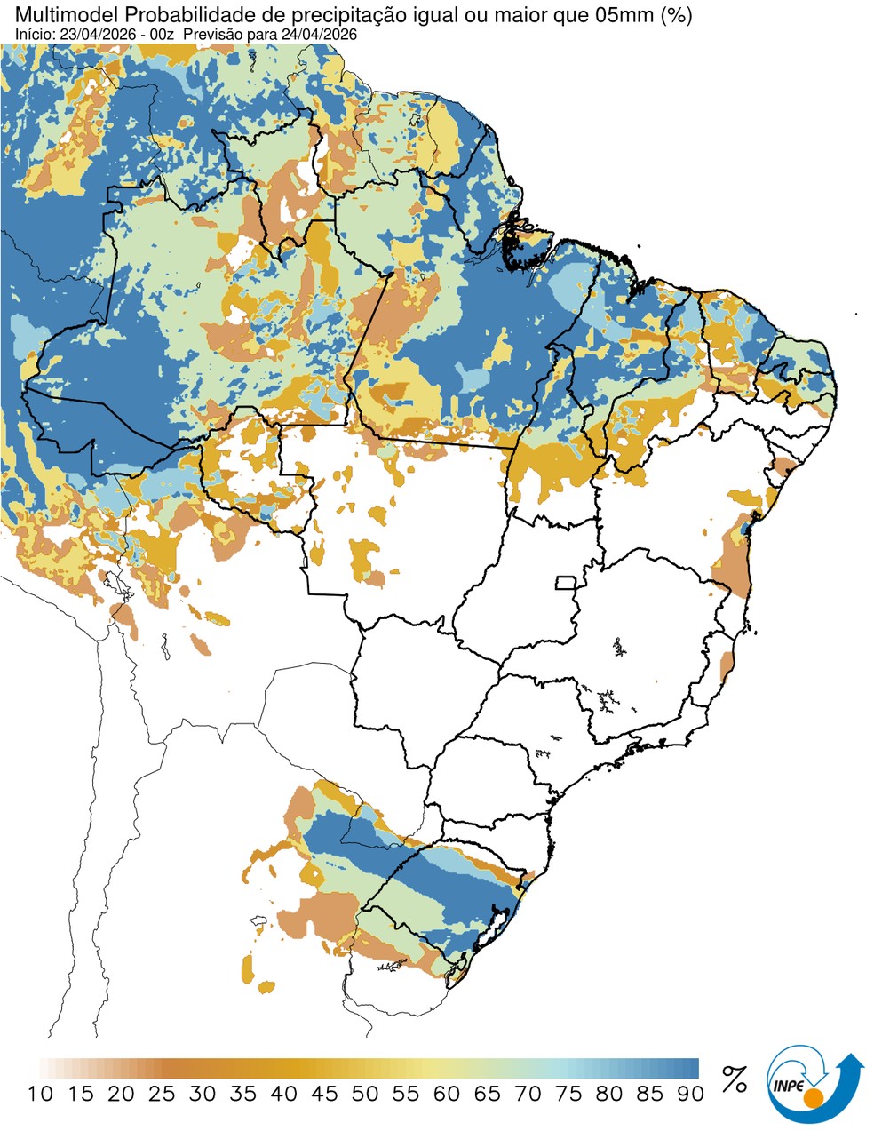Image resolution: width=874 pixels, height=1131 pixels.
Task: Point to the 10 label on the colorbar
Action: click(x=40, y=1094)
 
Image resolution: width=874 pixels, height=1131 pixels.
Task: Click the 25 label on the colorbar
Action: click(x=162, y=1094)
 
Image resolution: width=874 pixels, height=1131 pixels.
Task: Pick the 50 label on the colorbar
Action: click(x=365, y=1094)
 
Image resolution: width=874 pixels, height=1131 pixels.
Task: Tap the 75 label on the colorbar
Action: click(x=568, y=1094)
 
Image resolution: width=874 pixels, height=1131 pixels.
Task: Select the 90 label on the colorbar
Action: click(x=690, y=1094)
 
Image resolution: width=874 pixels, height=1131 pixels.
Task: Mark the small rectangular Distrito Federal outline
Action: click(x=566, y=583)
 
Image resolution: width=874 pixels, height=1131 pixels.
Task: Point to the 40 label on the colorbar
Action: click(x=283, y=1094)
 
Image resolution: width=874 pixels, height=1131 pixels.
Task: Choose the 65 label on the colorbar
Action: click(x=487, y=1094)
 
